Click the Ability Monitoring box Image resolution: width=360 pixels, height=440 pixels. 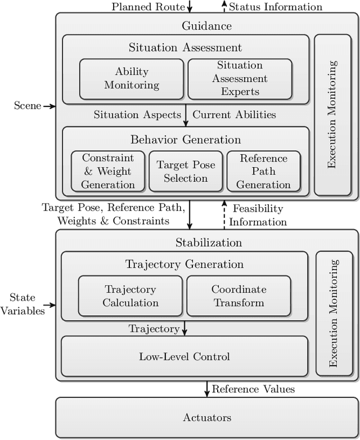(131, 79)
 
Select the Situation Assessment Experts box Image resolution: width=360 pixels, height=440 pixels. (240, 79)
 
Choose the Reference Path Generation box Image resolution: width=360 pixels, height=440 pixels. (263, 171)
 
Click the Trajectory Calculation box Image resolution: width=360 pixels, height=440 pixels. (130, 295)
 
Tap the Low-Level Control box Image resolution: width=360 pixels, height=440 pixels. (184, 356)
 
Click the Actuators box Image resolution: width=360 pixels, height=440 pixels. (206, 417)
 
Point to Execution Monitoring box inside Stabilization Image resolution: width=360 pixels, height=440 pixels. (334, 313)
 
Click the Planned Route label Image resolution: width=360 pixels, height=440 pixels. (148, 7)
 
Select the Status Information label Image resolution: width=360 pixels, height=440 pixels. (276, 7)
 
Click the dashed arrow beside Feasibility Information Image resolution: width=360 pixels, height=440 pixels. (224, 214)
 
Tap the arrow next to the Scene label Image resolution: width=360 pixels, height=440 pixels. (49, 106)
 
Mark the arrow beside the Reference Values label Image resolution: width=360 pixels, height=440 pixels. (206, 388)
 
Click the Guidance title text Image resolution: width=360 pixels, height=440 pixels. (206, 26)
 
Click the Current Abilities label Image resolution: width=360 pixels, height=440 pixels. (234, 115)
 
